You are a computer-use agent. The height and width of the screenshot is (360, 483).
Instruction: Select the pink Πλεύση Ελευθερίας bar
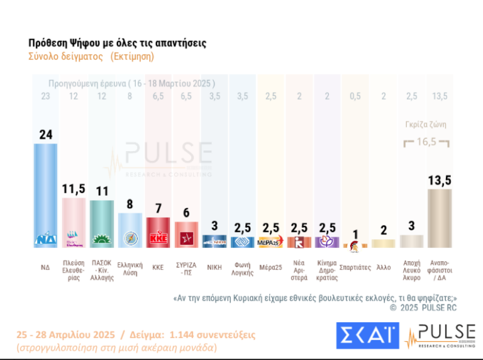pyautogui.click(x=74, y=223)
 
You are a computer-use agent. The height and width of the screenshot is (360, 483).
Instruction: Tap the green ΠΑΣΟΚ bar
pyautogui.click(x=102, y=224)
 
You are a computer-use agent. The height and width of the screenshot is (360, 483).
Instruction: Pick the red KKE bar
pyautogui.click(x=158, y=232)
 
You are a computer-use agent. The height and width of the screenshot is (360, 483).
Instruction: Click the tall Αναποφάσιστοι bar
pyautogui.click(x=438, y=218)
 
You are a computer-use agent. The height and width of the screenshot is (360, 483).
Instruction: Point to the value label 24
pyautogui.click(x=46, y=133)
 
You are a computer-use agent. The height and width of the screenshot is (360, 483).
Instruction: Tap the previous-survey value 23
pyautogui.click(x=45, y=96)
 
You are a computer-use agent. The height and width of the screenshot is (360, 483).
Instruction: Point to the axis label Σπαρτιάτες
pyautogui.click(x=355, y=267)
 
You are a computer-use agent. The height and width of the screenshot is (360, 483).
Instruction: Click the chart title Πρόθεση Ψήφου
pyautogui.click(x=117, y=43)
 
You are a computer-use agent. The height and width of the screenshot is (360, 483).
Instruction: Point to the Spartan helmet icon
pyautogui.click(x=355, y=241)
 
